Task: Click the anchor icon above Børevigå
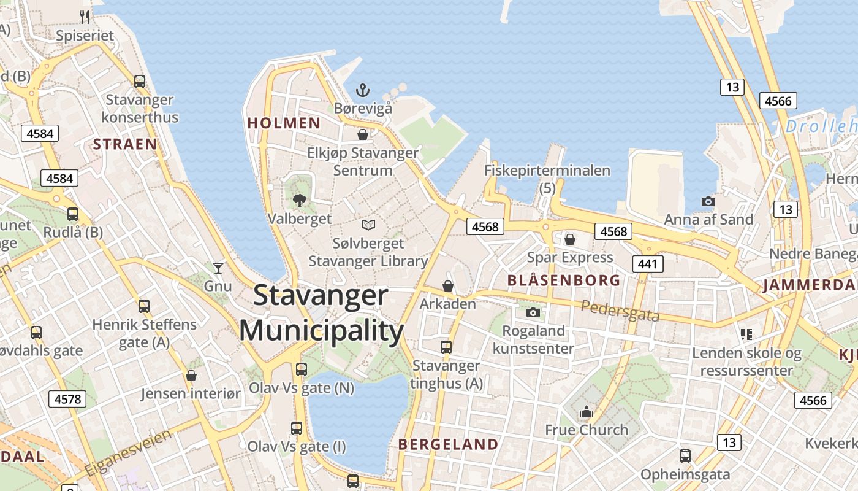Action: pyautogui.click(x=363, y=91)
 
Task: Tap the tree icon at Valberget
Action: pyautogui.click(x=300, y=200)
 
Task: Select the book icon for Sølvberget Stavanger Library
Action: pyautogui.click(x=368, y=225)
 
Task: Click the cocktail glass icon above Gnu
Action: pyautogui.click(x=218, y=268)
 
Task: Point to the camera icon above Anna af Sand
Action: pyautogui.click(x=708, y=201)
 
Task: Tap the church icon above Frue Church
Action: pyautogui.click(x=587, y=411)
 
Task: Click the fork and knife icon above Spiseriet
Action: pyautogui.click(x=85, y=17)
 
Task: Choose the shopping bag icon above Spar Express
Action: pyautogui.click(x=570, y=239)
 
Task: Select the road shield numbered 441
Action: pyautogui.click(x=647, y=264)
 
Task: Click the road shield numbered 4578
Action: pyautogui.click(x=67, y=399)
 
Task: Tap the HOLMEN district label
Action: pyautogui.click(x=284, y=123)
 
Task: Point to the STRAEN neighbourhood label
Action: pyautogui.click(x=124, y=144)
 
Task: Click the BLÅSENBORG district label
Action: pyautogui.click(x=564, y=280)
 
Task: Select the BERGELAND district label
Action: pyautogui.click(x=448, y=444)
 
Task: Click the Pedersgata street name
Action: pyautogui.click(x=620, y=311)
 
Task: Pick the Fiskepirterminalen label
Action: pyautogui.click(x=547, y=171)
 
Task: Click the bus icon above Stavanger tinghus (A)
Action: pyautogui.click(x=446, y=347)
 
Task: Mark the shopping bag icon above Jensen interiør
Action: pyautogui.click(x=191, y=376)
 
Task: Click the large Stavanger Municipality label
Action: pyautogui.click(x=321, y=313)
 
